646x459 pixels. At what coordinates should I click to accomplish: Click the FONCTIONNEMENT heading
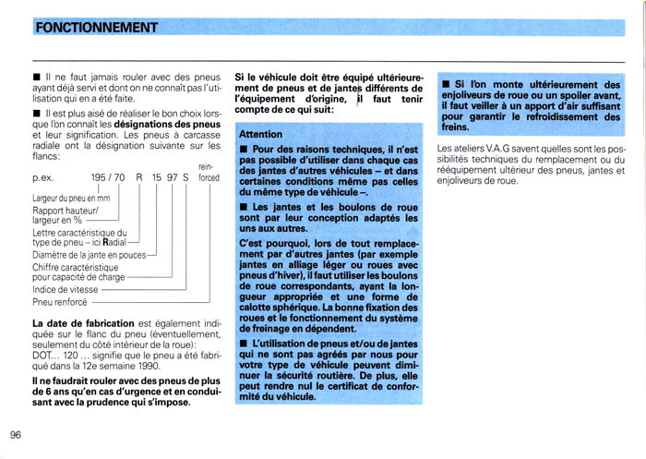[x=96, y=27]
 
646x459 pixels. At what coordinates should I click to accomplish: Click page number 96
[x=17, y=436]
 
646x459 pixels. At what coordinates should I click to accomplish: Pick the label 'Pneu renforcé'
[x=61, y=301]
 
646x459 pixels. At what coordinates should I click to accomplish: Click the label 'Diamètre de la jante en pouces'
[x=89, y=255]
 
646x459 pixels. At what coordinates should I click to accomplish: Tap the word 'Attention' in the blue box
[x=260, y=134]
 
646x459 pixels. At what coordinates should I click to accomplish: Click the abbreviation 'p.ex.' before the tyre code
[x=44, y=176]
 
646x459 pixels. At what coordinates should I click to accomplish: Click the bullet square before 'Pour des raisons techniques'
[x=244, y=149]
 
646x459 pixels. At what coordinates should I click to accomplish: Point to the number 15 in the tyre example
[x=157, y=176]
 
